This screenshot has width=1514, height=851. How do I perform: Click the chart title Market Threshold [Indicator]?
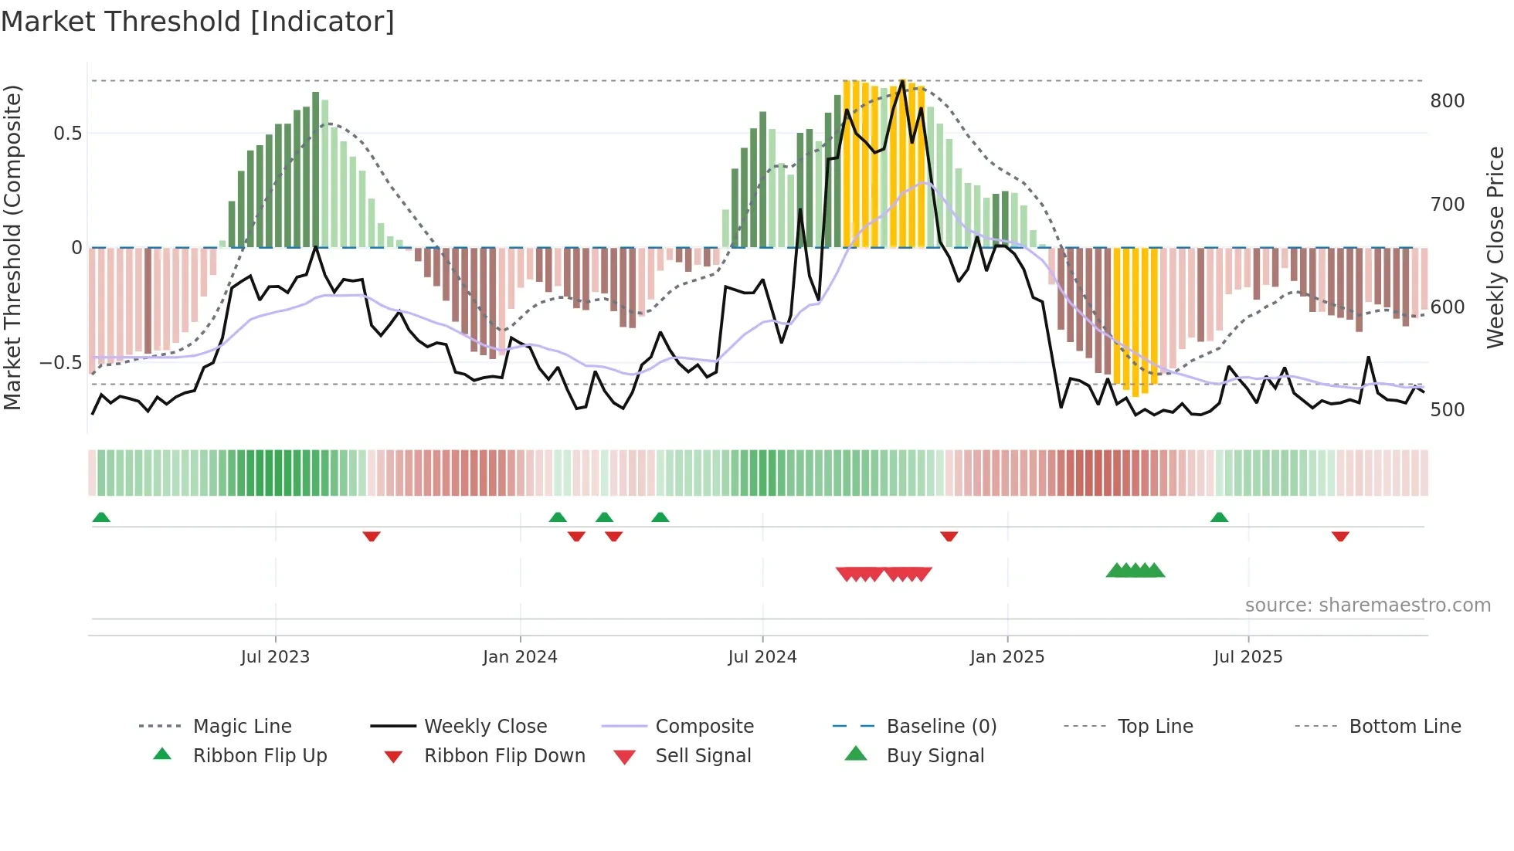[x=198, y=22]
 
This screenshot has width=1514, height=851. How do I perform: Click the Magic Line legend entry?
[x=242, y=726]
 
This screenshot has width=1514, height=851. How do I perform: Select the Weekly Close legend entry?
[x=485, y=726]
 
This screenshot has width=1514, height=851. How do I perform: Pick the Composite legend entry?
[x=704, y=726]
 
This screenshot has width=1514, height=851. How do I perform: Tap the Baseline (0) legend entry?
[x=941, y=726]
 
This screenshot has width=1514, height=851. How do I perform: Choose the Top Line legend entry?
[x=1155, y=726]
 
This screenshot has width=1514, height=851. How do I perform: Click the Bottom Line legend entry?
[x=1404, y=726]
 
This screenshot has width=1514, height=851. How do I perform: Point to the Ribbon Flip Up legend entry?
[x=260, y=755]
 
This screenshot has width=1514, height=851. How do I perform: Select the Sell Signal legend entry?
[x=702, y=755]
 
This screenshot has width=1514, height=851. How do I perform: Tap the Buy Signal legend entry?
[x=935, y=755]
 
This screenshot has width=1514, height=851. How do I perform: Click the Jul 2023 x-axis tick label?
[x=275, y=656]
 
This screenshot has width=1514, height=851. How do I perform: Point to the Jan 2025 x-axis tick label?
[x=1007, y=656]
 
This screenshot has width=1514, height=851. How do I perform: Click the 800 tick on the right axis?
[x=1447, y=101]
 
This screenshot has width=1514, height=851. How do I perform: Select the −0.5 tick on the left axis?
[x=60, y=363]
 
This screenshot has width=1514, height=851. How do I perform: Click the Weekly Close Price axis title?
[x=1495, y=247]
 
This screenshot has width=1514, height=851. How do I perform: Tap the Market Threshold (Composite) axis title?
[x=12, y=247]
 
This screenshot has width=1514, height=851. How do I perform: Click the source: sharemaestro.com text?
[x=1367, y=605]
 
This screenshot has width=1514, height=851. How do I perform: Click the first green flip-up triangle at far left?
[x=101, y=517]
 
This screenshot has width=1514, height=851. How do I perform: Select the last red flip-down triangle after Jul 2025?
[x=1340, y=536]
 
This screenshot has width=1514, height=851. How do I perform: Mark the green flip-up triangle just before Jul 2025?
[x=1219, y=517]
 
